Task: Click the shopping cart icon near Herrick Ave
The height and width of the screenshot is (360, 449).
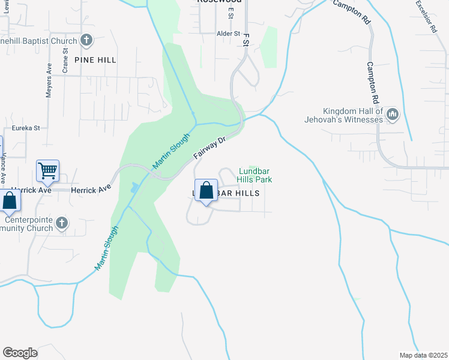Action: point(48,170)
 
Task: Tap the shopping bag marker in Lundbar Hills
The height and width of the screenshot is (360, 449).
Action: point(206,190)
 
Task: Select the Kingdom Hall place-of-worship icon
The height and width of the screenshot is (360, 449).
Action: point(393,114)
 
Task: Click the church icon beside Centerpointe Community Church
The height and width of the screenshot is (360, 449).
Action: point(62,224)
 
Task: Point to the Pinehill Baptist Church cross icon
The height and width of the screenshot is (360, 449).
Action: point(86,41)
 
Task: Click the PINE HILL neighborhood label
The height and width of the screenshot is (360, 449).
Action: point(95,60)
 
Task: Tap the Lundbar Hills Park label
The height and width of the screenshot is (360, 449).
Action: point(256,175)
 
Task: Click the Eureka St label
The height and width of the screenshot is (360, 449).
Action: point(26,128)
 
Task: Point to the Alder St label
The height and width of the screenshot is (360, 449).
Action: point(228,34)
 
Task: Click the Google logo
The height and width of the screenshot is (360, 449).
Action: point(20,353)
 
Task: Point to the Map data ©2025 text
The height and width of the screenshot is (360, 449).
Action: point(423,355)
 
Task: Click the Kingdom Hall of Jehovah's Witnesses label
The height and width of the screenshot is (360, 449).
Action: point(352,115)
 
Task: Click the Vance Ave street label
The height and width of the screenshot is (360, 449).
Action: point(3,168)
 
